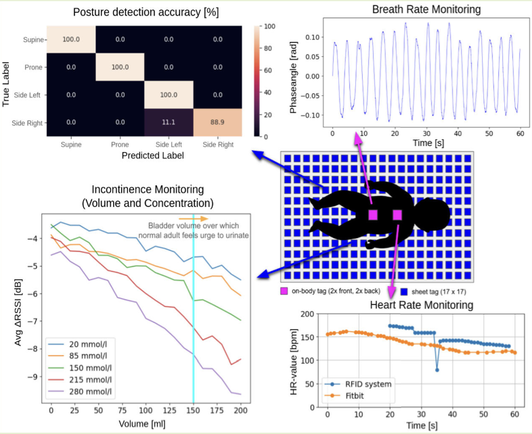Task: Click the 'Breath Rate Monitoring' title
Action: tap(427, 9)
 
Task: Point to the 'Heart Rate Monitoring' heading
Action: tap(422, 305)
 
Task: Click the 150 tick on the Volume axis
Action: tap(194, 410)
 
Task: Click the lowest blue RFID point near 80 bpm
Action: tap(437, 370)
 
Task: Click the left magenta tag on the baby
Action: tap(372, 215)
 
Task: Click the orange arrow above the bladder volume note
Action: tap(189, 218)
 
